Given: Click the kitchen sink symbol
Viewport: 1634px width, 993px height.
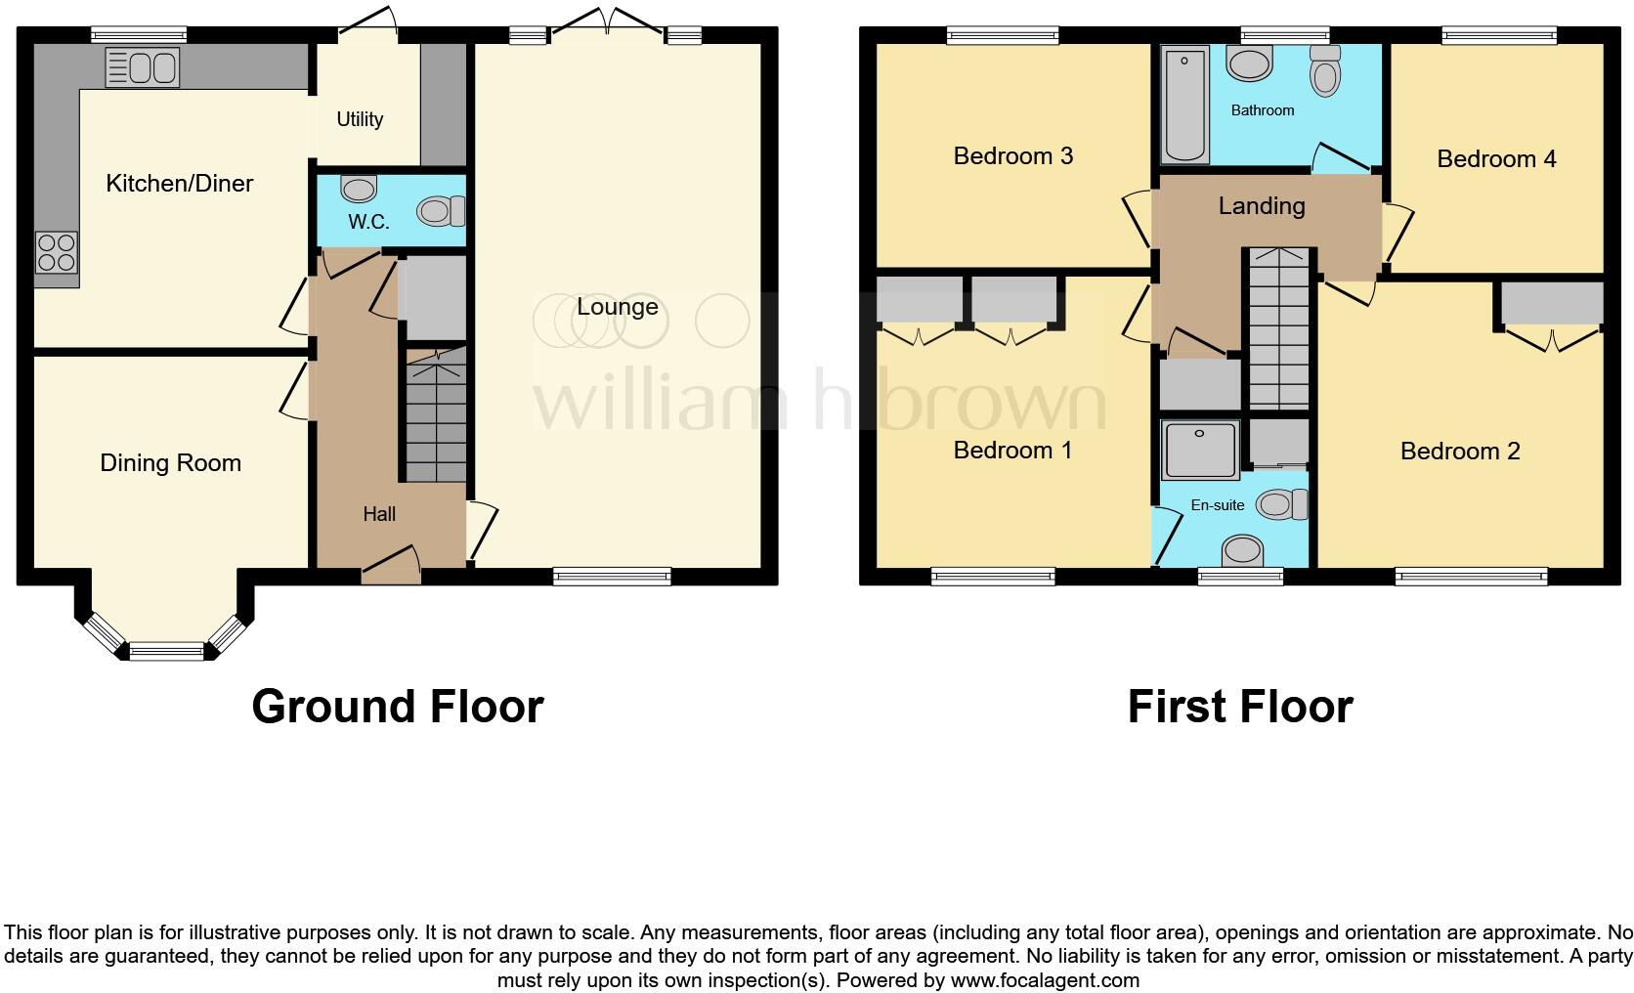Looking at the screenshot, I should click(143, 68).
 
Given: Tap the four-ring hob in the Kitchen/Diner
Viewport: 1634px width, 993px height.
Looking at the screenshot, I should click(57, 252).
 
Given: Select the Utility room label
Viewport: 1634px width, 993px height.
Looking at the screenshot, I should click(360, 119).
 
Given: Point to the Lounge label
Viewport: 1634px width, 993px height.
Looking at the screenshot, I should click(617, 307).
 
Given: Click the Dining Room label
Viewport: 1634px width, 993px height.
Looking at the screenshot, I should click(170, 463).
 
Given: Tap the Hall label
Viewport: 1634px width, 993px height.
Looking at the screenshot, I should click(379, 514).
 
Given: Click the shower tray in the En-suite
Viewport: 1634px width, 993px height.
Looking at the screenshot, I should click(1200, 450).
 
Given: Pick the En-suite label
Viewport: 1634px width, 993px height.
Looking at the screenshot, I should click(1218, 505).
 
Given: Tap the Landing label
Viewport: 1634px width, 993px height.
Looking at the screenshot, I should click(1261, 206).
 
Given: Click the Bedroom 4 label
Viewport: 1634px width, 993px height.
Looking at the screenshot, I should click(1496, 159).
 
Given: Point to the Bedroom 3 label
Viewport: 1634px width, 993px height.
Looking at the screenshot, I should click(1012, 156).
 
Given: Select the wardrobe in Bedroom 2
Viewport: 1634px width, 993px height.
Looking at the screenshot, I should click(1552, 303).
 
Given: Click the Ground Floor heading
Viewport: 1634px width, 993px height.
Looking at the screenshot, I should click(397, 707).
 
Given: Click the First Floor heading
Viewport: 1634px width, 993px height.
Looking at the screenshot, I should click(1239, 707).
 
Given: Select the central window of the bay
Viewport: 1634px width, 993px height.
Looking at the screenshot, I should click(166, 650).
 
